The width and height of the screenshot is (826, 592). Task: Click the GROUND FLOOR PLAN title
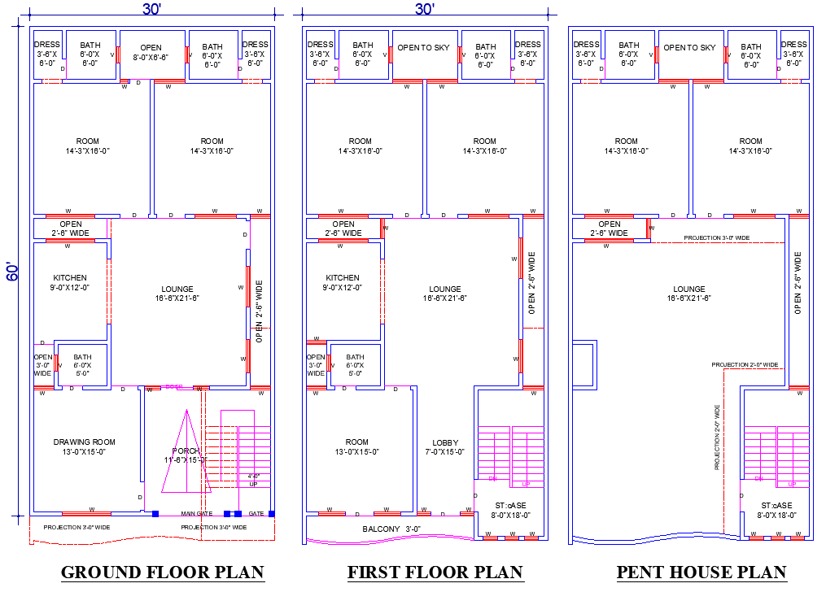163,572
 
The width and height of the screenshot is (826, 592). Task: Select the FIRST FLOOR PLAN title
435,572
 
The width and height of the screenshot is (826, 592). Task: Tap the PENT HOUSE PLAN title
701,572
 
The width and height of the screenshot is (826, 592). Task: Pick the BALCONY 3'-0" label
391,529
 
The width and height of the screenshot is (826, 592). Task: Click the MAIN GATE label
197,514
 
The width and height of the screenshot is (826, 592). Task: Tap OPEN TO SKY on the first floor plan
423,48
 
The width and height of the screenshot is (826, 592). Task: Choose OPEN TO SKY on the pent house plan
689,48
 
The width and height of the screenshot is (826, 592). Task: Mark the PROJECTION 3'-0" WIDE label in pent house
716,238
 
